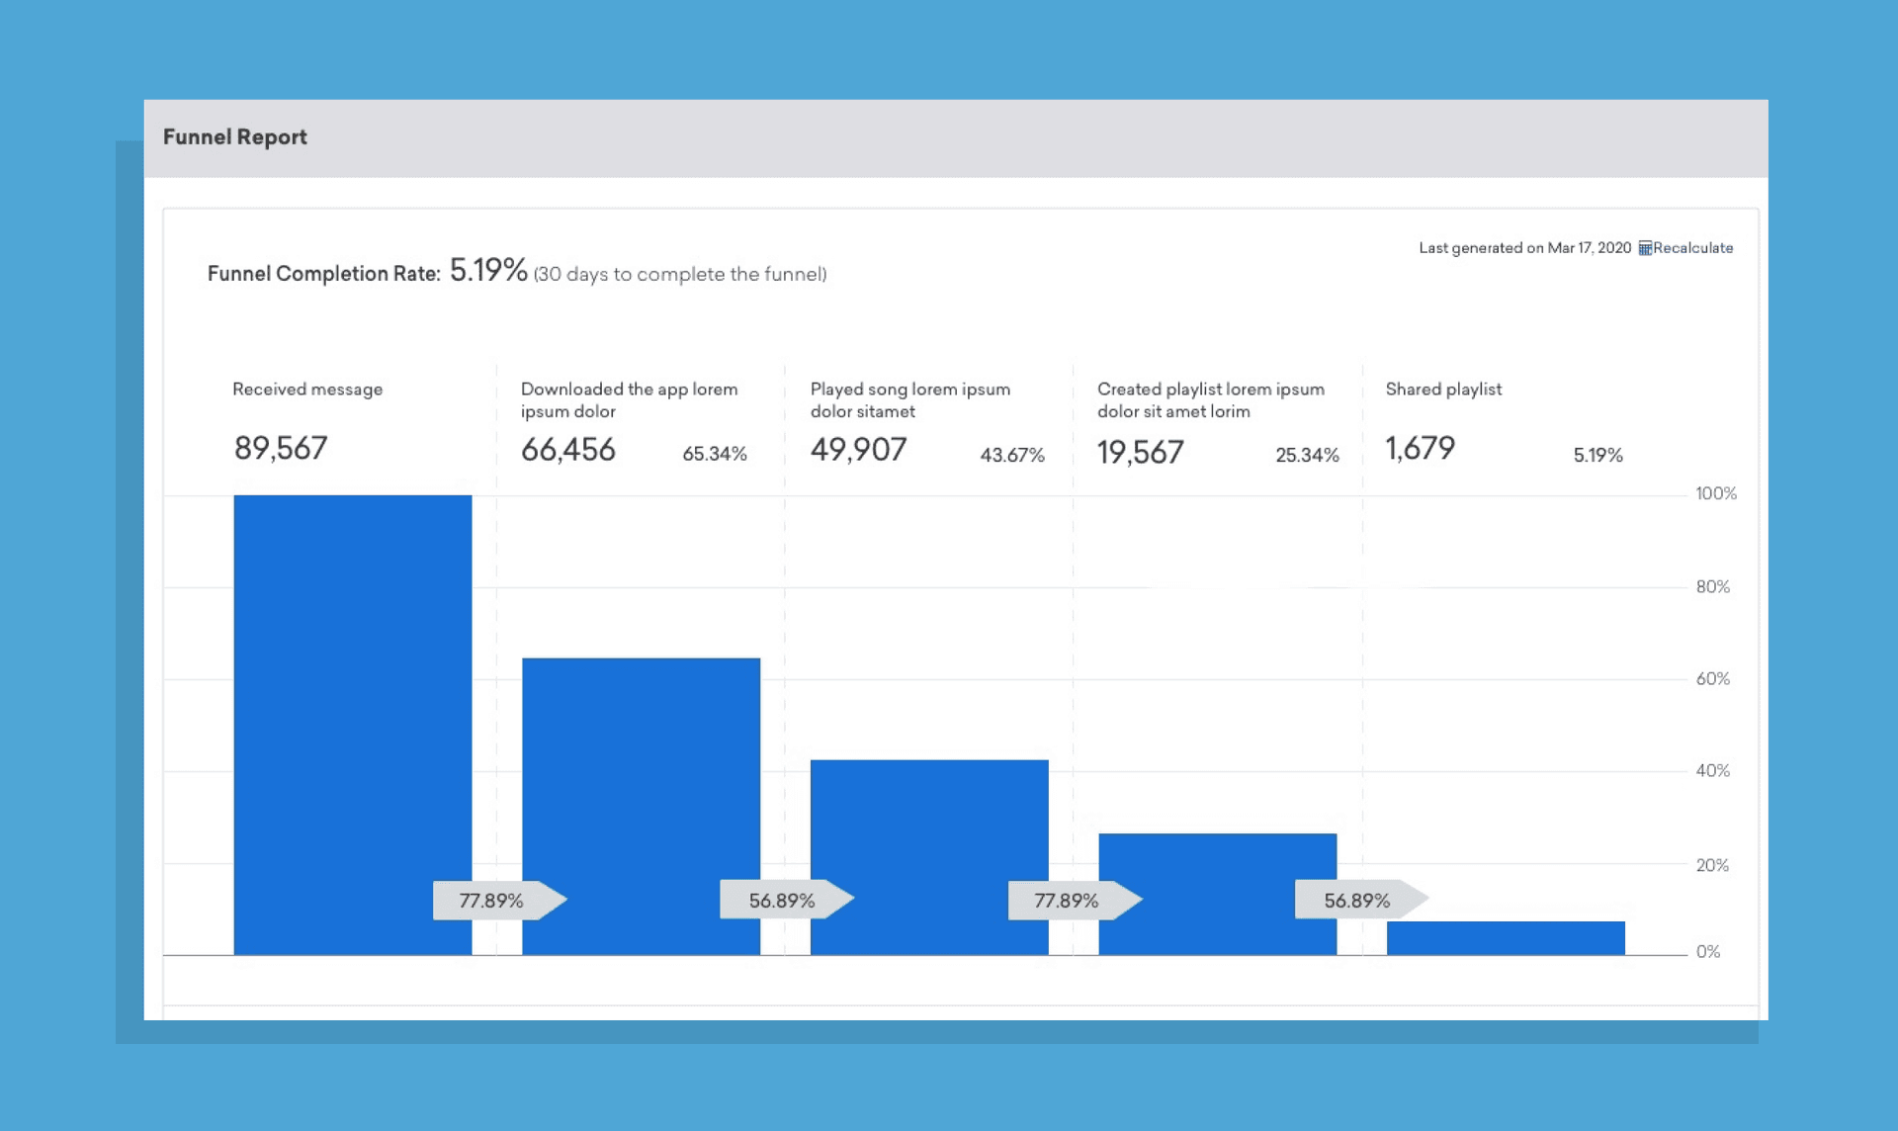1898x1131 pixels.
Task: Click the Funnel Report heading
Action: pos(234,137)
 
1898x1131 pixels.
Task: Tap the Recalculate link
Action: pos(1691,248)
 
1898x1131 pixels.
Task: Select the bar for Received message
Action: pos(352,692)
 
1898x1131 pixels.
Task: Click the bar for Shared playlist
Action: pos(1505,938)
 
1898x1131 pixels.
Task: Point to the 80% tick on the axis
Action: pos(1712,587)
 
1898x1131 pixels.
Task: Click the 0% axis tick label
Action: pos(1707,952)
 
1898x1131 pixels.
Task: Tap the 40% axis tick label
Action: pos(1712,771)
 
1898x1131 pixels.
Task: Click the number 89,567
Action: pos(280,449)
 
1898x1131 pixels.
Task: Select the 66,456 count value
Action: pos(567,451)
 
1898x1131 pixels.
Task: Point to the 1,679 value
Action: pos(1420,449)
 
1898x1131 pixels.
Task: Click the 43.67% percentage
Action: pos(1011,456)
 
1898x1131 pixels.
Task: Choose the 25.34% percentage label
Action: pos(1306,456)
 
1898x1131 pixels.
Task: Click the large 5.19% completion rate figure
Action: pos(488,270)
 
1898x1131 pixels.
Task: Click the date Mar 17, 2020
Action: pos(1589,248)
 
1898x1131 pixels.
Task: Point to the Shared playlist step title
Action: pos(1442,390)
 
